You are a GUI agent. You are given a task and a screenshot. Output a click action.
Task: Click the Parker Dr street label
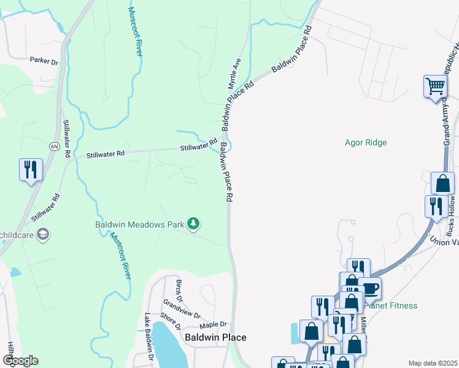pyautogui.click(x=44, y=61)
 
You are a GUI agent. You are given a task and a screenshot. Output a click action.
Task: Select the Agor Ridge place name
pyautogui.click(x=366, y=142)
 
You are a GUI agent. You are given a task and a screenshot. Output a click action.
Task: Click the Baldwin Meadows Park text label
pyautogui.click(x=139, y=224)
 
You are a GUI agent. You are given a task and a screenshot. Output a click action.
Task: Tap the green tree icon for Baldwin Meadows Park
pyautogui.click(x=193, y=223)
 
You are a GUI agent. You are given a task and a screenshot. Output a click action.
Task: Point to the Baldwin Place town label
pyautogui.click(x=215, y=337)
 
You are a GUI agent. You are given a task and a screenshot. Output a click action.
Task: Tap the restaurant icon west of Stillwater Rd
pyautogui.click(x=31, y=169)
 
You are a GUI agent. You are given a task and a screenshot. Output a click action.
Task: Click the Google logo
pyautogui.click(x=20, y=361)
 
